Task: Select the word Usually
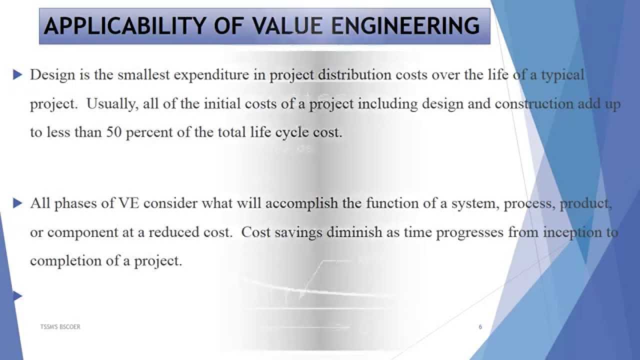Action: [x=111, y=104]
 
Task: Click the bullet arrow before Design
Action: [x=18, y=75]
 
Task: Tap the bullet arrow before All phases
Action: [x=18, y=203]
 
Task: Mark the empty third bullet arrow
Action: [x=18, y=297]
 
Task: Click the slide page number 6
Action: [x=480, y=327]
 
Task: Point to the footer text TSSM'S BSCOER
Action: [x=60, y=326]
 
